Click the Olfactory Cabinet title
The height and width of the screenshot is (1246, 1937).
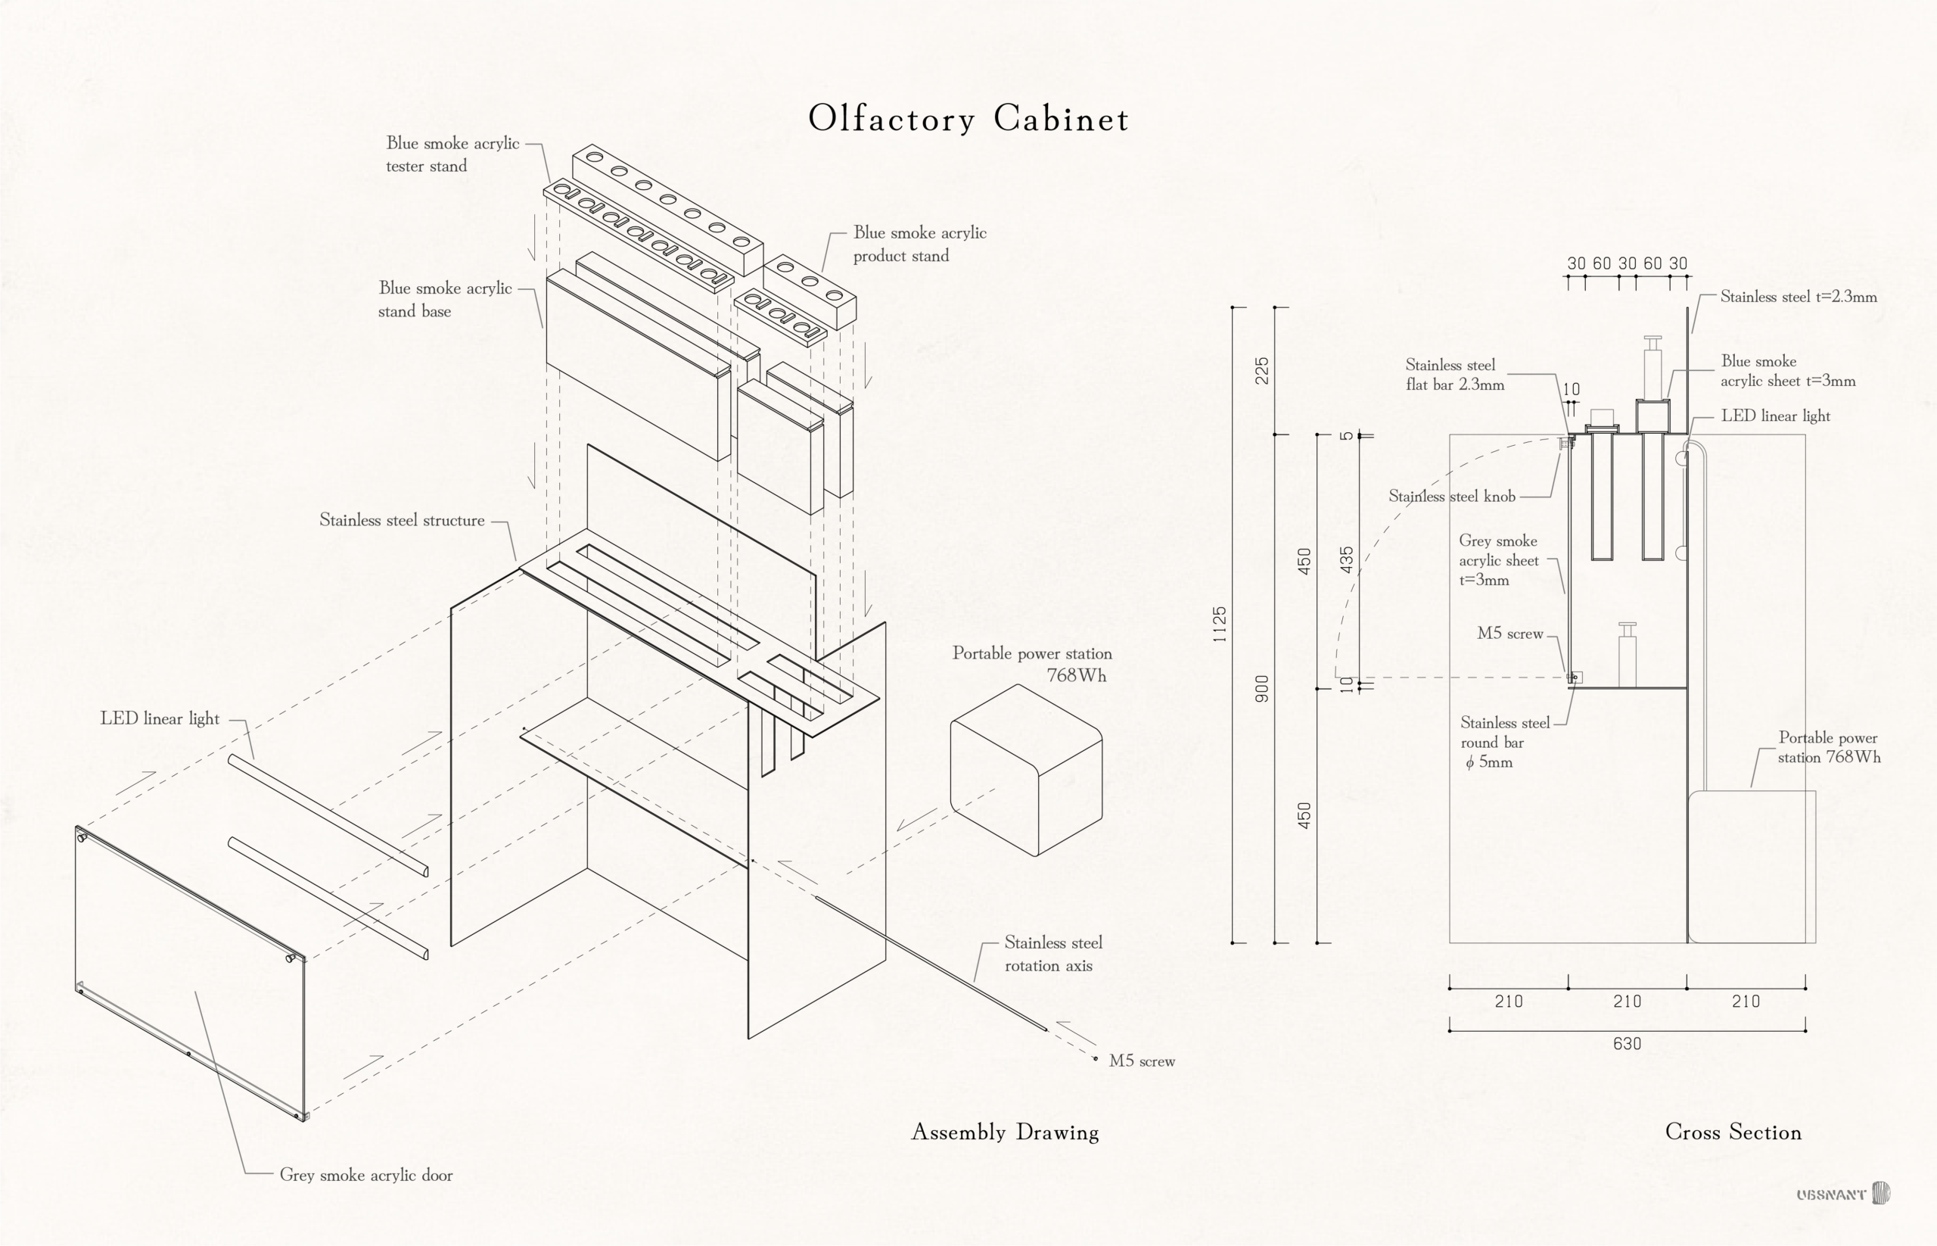[968, 119]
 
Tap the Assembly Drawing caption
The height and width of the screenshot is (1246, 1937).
[1006, 1132]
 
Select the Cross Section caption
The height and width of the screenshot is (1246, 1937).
[1733, 1132]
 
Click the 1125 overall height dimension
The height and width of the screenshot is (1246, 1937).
[1220, 625]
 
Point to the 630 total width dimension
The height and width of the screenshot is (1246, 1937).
[1628, 1044]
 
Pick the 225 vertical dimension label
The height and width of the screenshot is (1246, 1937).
[1261, 371]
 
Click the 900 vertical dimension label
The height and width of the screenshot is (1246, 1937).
[1261, 689]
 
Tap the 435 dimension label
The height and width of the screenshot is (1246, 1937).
[1347, 560]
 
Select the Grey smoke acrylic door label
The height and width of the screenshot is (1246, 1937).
[365, 1175]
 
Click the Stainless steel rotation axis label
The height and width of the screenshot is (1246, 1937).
[1053, 954]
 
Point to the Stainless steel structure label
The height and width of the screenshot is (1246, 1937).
[402, 520]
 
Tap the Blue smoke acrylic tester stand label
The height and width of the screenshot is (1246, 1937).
[452, 154]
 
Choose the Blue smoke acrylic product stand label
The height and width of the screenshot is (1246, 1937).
[919, 245]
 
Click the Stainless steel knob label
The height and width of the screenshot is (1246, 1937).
[1452, 496]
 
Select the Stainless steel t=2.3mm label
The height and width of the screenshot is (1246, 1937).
[1799, 297]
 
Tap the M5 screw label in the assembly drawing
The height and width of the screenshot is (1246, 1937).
[1141, 1061]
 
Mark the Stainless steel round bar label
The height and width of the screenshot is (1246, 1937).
[1504, 743]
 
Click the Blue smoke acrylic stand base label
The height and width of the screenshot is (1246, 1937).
[445, 299]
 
